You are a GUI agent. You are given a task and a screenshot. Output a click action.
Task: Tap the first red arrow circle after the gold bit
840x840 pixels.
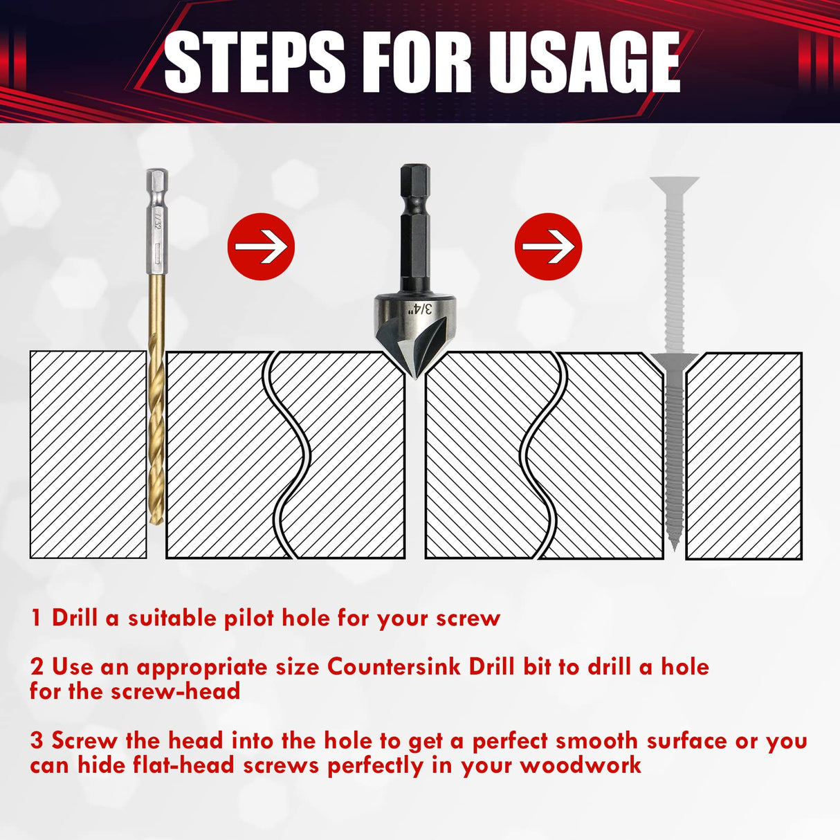(261, 246)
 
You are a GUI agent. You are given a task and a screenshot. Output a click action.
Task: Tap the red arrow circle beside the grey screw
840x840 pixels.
(549, 246)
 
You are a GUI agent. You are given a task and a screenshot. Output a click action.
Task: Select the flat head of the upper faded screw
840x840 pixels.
(674, 185)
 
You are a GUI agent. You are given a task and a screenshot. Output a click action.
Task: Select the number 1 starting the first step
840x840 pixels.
(36, 617)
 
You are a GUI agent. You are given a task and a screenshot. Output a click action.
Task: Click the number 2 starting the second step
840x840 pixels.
(37, 667)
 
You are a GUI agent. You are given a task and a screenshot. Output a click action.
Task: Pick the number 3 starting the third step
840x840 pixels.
(37, 740)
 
